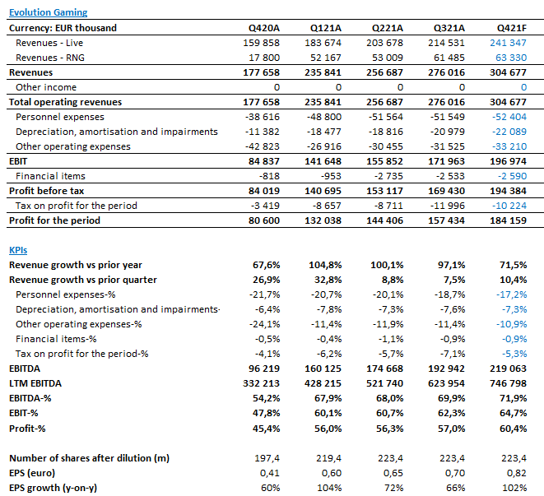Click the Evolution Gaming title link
pyautogui.click(x=49, y=12)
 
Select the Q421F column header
pyautogui.click(x=512, y=28)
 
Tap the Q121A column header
pyautogui.click(x=326, y=28)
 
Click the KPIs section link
pyautogui.click(x=18, y=250)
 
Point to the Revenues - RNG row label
pyautogui.click(x=50, y=58)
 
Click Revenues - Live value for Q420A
pyautogui.click(x=261, y=43)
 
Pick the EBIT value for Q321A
pyautogui.click(x=447, y=161)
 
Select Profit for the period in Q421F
pyautogui.click(x=509, y=220)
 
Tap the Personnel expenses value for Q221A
pyautogui.click(x=386, y=117)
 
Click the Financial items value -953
pyautogui.click(x=331, y=176)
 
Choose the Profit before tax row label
pyautogui.click(x=46, y=191)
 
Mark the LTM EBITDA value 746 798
pyautogui.click(x=509, y=383)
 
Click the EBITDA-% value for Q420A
pyautogui.click(x=266, y=398)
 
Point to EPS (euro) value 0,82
pyautogui.click(x=517, y=473)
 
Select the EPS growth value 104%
pyautogui.click(x=329, y=488)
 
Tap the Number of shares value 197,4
pyautogui.click(x=267, y=458)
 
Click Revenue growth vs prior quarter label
pyautogui.click(x=83, y=280)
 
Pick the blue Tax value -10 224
pyautogui.click(x=509, y=206)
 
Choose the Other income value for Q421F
pyautogui.click(x=524, y=87)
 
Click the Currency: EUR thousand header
pyautogui.click(x=63, y=28)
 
